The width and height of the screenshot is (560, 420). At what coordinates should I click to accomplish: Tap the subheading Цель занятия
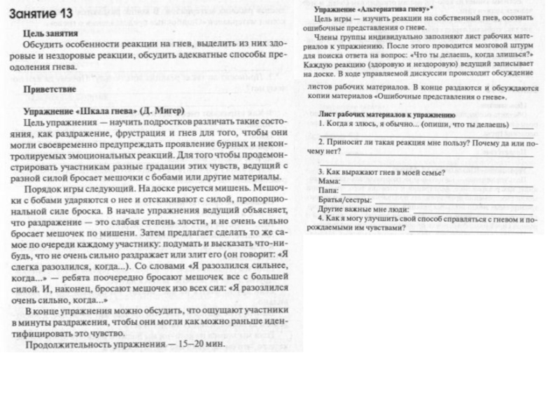click(x=51, y=32)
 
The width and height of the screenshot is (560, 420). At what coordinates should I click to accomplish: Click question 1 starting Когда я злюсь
click(x=413, y=123)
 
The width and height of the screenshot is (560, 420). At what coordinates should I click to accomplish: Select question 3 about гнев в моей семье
click(x=381, y=171)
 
